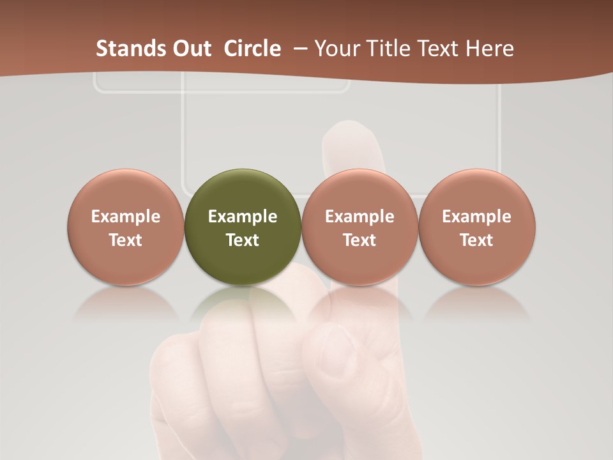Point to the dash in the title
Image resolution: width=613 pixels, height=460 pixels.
pyautogui.click(x=298, y=49)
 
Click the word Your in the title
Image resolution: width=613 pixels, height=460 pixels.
pyautogui.click(x=338, y=49)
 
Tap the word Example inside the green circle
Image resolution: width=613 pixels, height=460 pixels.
pyautogui.click(x=243, y=217)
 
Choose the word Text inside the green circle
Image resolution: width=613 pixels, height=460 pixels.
pyautogui.click(x=243, y=240)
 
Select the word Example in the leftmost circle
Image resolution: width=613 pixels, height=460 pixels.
pyautogui.click(x=126, y=217)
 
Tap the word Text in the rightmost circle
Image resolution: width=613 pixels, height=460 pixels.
pyautogui.click(x=477, y=240)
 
